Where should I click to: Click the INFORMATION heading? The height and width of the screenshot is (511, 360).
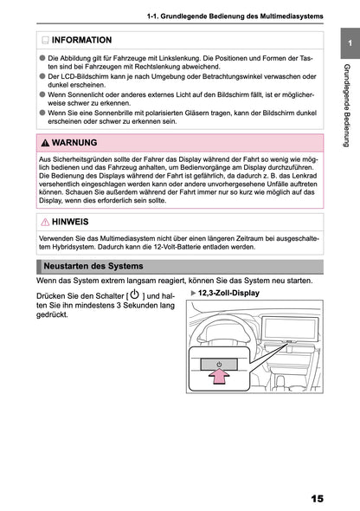click(x=81, y=40)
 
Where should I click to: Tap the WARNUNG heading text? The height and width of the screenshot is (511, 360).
click(x=74, y=141)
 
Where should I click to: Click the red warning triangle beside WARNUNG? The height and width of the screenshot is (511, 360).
click(x=45, y=142)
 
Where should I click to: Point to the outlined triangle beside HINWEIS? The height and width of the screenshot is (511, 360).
click(x=45, y=223)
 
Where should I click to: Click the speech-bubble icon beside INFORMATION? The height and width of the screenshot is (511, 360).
click(x=44, y=41)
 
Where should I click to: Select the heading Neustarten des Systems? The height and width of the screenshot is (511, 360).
click(x=93, y=265)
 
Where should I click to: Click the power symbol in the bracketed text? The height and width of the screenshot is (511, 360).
click(x=133, y=296)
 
